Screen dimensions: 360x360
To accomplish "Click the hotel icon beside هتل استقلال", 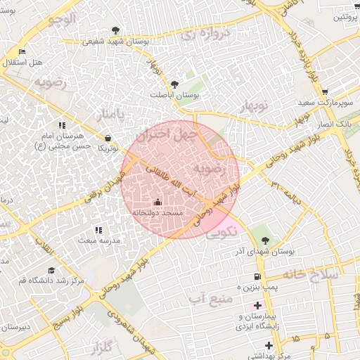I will [22, 52].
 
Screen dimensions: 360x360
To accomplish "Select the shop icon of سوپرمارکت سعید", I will [325, 92].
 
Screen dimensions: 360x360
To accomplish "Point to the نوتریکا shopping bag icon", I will [108, 138].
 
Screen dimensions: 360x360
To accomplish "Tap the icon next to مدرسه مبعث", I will [98, 230].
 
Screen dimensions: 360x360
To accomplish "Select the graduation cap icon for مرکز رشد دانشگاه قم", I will [50, 270].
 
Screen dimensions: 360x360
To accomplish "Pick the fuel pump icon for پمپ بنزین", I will [258, 276].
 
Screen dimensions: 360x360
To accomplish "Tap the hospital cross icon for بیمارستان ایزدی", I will [258, 305].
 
